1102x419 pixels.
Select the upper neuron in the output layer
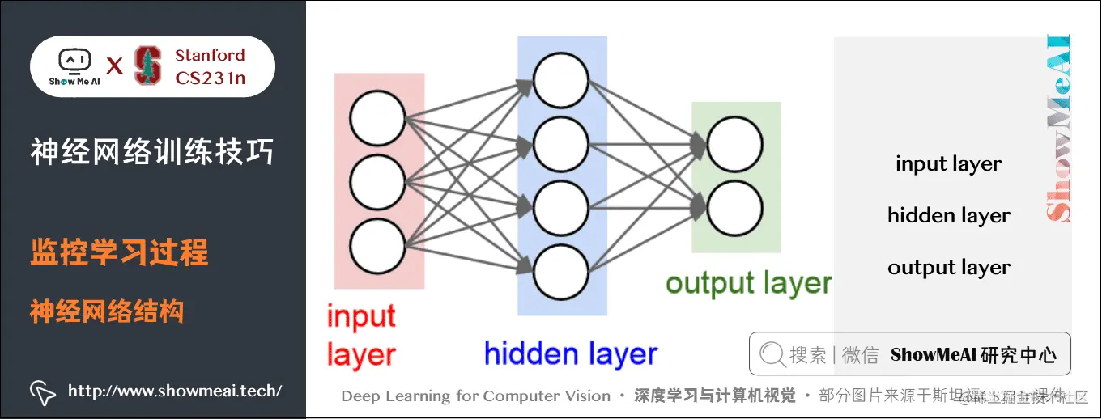(x=734, y=145)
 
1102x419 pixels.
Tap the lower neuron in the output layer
(x=734, y=209)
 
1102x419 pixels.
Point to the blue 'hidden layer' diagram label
(x=571, y=353)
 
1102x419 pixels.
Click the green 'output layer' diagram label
(x=748, y=283)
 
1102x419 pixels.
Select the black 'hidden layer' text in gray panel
(x=949, y=216)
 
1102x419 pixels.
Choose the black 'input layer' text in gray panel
(x=948, y=164)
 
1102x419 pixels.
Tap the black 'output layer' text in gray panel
(x=949, y=268)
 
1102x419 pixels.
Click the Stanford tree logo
(x=147, y=66)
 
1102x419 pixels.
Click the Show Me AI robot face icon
(x=74, y=61)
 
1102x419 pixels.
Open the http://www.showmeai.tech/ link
(x=175, y=391)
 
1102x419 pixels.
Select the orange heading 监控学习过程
(x=120, y=253)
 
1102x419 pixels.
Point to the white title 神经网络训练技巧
(x=152, y=151)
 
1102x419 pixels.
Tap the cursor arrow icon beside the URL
(x=42, y=392)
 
